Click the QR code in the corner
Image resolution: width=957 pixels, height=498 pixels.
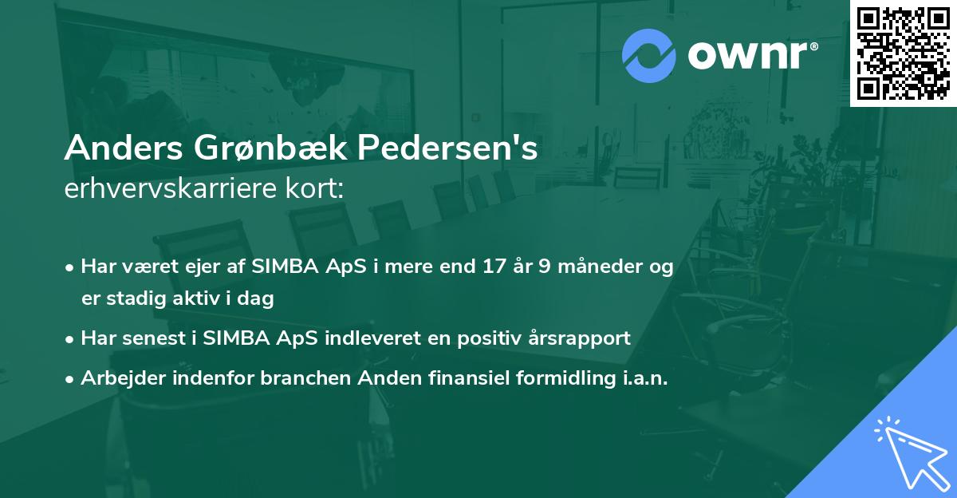click(x=903, y=53)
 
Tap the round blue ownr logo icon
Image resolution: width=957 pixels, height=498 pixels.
click(x=649, y=55)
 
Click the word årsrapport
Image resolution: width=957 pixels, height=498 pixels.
click(x=583, y=338)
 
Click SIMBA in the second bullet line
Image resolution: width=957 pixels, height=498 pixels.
click(x=234, y=338)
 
